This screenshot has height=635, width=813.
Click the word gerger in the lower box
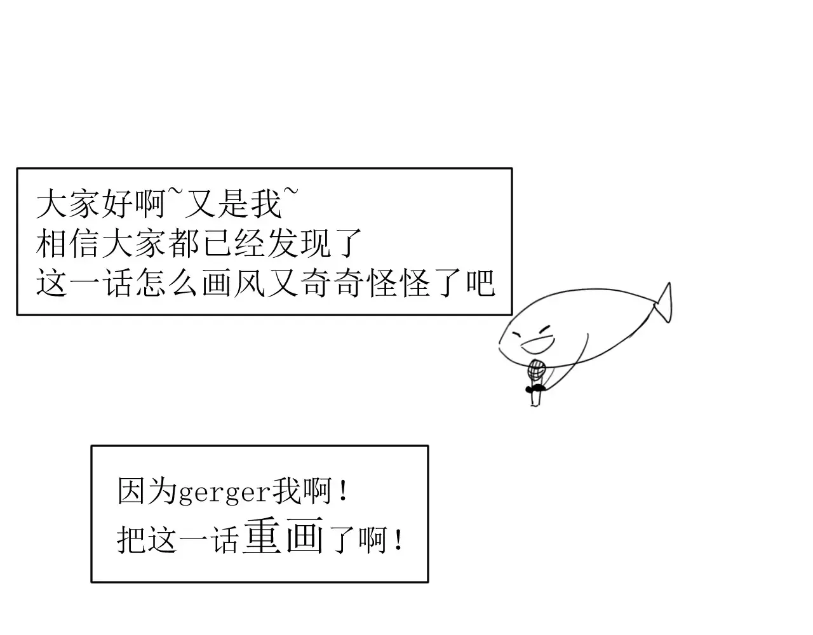224,493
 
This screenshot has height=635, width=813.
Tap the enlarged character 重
262,535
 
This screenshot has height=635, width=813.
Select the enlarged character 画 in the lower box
304,535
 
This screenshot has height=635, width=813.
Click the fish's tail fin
664,304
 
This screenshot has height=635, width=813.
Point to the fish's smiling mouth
538,345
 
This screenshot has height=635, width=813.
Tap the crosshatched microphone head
536,370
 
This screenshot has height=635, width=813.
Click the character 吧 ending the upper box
480,283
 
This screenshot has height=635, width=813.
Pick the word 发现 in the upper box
299,243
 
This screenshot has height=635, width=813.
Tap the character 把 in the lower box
131,540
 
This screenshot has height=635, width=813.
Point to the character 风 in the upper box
250,283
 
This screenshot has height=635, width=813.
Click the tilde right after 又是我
292,192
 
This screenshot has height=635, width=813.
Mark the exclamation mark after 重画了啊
399,540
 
